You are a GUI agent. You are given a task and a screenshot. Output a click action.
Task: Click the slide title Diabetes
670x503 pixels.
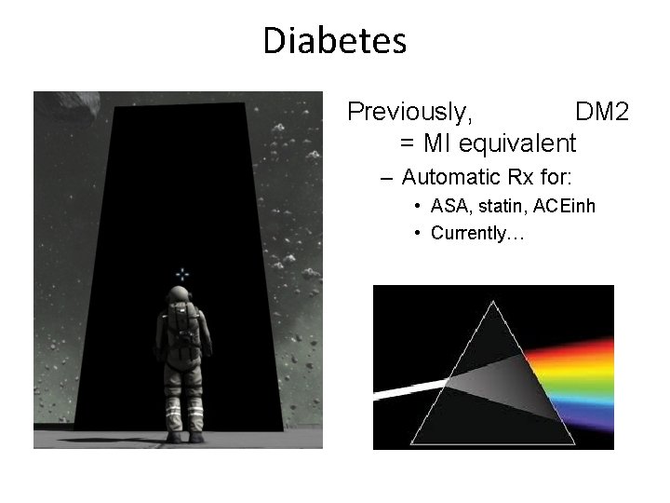[x=334, y=41]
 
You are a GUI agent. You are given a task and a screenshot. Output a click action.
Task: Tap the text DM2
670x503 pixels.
[x=602, y=113]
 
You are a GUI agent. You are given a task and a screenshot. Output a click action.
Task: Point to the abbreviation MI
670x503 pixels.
[x=436, y=143]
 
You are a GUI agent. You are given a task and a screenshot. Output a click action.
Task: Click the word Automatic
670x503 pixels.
[x=450, y=176]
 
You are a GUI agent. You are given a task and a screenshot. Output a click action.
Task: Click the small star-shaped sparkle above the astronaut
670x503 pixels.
[x=182, y=274]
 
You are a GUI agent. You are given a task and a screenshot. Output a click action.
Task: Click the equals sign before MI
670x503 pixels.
[x=407, y=144]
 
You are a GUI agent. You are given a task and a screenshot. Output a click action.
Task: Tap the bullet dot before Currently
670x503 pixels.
[x=420, y=233]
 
